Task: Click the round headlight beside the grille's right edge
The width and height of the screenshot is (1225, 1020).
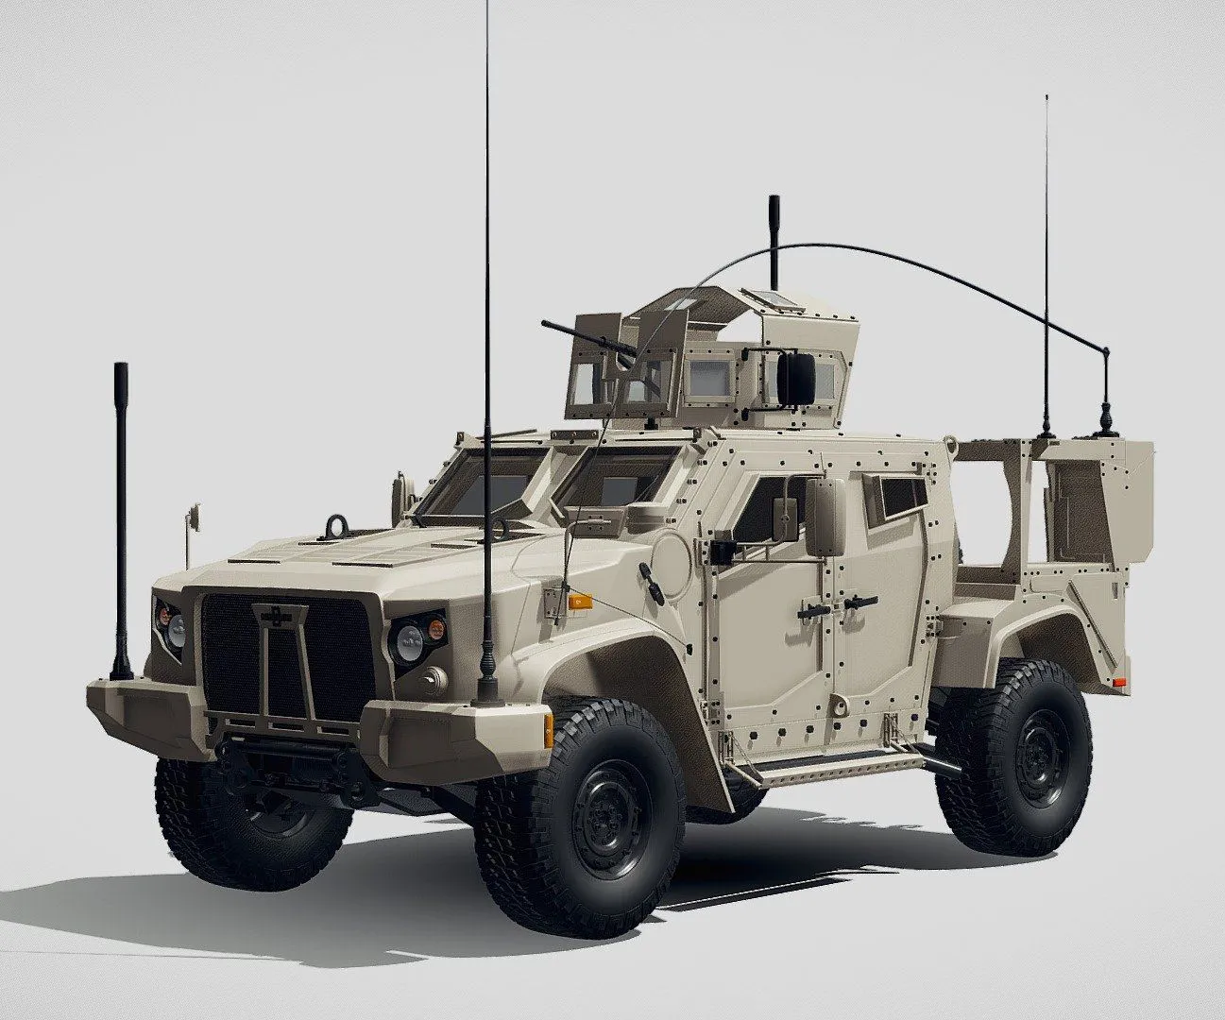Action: coord(409,643)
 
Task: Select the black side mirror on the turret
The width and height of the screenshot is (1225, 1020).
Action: coord(796,374)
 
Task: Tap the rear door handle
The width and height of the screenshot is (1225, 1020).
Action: coord(859,602)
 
